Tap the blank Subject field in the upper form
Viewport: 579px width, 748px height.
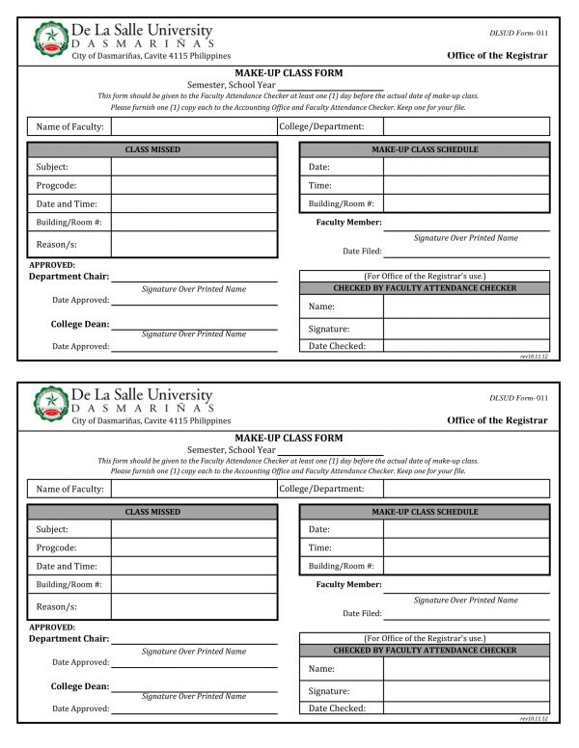coord(193,167)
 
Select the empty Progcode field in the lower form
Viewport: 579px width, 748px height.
coord(193,548)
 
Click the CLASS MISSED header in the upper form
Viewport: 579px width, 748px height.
coord(152,149)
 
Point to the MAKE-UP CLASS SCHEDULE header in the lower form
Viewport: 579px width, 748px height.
coord(425,512)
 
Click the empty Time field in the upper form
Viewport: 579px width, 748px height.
coord(466,185)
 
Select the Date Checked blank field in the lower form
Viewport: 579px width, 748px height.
coord(466,708)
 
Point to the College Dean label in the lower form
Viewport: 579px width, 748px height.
coord(79,686)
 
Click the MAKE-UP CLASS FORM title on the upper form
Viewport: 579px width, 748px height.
coord(289,73)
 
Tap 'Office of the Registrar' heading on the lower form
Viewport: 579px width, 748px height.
coord(497,420)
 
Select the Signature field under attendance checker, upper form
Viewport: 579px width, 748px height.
coord(466,329)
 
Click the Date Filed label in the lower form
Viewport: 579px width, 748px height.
coord(362,613)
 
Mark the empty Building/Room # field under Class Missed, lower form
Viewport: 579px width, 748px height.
coord(193,584)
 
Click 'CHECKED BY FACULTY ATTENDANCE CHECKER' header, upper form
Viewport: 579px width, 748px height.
coord(425,288)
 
